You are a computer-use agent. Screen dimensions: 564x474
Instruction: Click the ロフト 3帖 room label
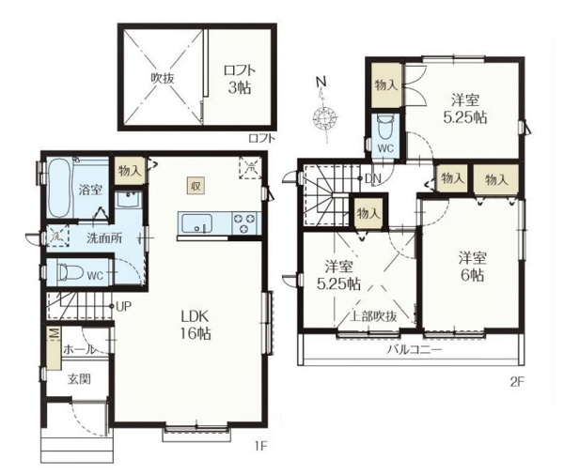click(x=240, y=79)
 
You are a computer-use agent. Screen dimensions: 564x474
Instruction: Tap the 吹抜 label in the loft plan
click(x=163, y=78)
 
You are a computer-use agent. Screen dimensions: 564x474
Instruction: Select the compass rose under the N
click(x=324, y=118)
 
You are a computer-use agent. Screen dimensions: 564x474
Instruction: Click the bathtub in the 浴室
click(x=58, y=188)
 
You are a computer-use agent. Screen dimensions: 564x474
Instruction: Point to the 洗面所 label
click(x=104, y=238)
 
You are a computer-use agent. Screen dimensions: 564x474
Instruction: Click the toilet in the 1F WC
click(x=70, y=272)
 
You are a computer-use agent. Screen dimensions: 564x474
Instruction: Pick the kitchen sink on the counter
click(x=196, y=223)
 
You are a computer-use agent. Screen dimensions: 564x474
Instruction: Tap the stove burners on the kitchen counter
click(x=245, y=223)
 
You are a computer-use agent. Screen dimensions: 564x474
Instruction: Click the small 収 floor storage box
click(x=196, y=186)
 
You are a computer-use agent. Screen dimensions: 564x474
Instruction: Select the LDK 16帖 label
click(x=196, y=325)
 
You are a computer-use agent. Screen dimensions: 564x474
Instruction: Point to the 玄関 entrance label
click(x=79, y=379)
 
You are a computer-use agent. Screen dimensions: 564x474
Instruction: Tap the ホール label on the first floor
click(x=80, y=349)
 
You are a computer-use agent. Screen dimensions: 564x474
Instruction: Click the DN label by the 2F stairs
click(x=372, y=178)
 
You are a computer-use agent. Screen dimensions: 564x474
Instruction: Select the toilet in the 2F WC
click(x=385, y=129)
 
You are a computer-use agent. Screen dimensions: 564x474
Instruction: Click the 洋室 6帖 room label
click(x=472, y=267)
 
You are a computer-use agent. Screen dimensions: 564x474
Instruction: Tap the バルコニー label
click(x=414, y=349)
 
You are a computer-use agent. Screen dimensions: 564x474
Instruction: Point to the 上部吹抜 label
click(x=373, y=316)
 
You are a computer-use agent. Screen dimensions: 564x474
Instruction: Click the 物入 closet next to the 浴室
click(x=131, y=171)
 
